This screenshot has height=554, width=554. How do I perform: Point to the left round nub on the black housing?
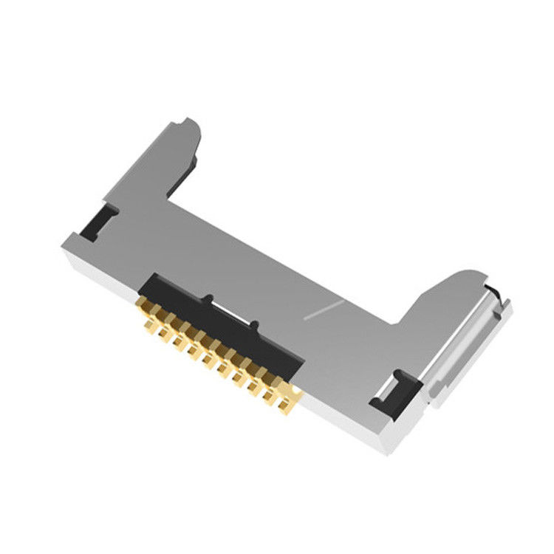pyautogui.click(x=210, y=299)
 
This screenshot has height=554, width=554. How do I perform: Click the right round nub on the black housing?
pyautogui.click(x=253, y=325)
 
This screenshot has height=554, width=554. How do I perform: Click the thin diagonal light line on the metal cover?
pyautogui.click(x=324, y=310)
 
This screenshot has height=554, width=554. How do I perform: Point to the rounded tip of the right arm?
pyautogui.click(x=473, y=275)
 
